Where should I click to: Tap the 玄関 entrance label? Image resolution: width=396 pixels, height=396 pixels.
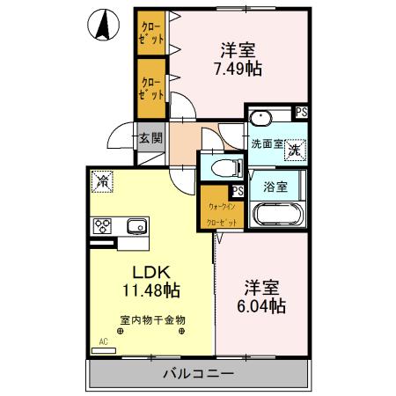150,139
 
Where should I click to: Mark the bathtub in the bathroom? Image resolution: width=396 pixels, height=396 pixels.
277,216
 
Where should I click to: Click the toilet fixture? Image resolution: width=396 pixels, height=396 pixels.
218,165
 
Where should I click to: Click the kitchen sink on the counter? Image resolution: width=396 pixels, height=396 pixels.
137,224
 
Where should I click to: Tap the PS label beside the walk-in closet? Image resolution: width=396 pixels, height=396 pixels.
237,190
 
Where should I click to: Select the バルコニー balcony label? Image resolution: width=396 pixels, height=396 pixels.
198,374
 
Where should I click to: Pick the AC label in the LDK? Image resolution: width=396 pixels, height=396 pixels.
103,341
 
